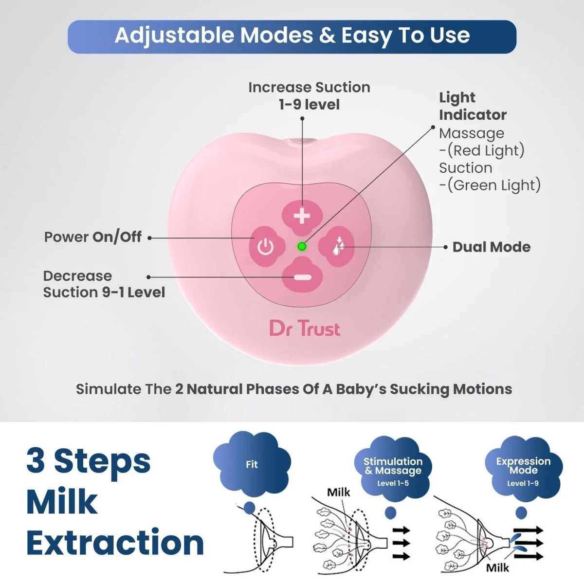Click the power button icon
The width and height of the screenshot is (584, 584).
tap(266, 246)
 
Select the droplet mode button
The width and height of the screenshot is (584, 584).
tap(336, 246)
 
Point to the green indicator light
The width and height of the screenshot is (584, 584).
tap(302, 246)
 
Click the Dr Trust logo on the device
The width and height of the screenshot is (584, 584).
tap(305, 329)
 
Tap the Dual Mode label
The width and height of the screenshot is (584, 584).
tap(492, 247)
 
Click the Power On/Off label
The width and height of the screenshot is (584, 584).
tap(93, 237)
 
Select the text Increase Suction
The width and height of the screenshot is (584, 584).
tap(309, 87)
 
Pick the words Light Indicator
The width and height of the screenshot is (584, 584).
tap(473, 106)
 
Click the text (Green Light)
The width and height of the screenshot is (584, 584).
tap(494, 185)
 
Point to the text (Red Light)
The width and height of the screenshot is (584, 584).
tap(486, 150)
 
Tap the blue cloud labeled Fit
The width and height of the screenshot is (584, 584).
tap(252, 465)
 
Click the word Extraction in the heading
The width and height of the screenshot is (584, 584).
tap(115, 543)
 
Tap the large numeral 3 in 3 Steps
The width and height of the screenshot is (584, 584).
tap(36, 461)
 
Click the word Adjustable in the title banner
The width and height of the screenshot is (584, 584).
tap(175, 36)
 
